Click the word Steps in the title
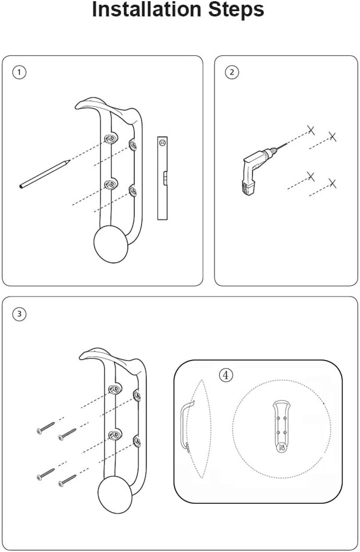236,10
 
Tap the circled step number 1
19,72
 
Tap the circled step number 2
231,72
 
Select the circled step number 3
19,314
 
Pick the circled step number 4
226,375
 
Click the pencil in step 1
45,174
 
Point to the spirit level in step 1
162,178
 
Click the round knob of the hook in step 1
110,244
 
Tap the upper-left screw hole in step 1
111,139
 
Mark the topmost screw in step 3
46,428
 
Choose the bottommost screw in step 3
67,480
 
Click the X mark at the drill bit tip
311,130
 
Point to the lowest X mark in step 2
332,183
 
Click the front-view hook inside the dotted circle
281,426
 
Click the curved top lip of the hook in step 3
110,356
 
